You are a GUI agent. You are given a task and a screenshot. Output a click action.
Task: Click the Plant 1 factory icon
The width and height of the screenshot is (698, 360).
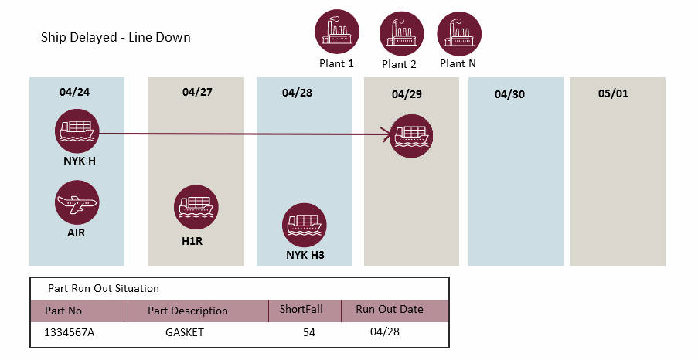337,32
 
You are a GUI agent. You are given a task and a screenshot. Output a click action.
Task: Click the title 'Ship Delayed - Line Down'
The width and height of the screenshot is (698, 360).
116,37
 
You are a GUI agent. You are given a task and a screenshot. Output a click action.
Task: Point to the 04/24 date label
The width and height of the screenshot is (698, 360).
74,92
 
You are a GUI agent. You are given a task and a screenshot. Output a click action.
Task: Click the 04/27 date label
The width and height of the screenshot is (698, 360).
197,92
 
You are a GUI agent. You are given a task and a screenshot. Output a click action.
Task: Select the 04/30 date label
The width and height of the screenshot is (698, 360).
509,94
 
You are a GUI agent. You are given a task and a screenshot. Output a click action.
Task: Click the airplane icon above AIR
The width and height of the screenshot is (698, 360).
77,203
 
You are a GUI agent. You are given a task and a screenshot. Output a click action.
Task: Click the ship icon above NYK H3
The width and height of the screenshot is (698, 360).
305,226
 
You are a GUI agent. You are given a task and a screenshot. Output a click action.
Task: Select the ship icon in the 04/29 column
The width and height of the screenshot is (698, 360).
410,136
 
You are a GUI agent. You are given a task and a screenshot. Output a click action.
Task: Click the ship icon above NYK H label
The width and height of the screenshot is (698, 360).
77,131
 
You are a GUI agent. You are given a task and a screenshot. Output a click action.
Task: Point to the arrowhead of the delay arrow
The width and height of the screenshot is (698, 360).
386,137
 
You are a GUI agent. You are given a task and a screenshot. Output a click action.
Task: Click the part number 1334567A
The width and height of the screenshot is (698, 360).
72,333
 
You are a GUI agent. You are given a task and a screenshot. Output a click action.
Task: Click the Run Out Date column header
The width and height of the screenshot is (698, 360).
390,310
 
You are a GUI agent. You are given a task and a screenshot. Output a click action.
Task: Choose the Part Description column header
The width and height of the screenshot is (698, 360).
188,311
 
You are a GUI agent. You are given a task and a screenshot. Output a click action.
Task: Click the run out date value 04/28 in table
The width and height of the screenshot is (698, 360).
384,331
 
